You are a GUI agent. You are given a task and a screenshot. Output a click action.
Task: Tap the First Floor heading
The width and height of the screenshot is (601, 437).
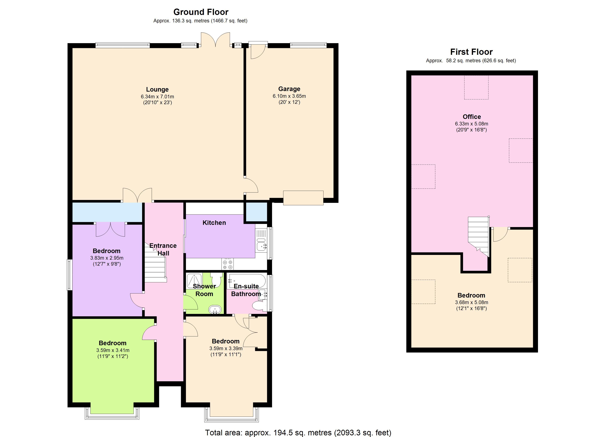[471, 52]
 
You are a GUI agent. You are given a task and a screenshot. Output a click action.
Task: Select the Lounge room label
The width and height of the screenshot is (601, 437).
[157, 89]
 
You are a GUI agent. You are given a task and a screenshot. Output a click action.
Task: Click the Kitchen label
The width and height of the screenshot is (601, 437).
[214, 223]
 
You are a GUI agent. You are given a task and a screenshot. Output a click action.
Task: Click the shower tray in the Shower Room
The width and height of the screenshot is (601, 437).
[194, 280]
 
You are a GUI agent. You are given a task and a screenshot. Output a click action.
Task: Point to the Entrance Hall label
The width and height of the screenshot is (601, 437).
[163, 249]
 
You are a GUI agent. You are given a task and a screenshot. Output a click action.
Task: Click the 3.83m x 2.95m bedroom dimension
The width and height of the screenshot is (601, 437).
[107, 258]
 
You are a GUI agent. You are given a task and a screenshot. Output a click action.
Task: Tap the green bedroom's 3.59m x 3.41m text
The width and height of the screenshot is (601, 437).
[113, 350]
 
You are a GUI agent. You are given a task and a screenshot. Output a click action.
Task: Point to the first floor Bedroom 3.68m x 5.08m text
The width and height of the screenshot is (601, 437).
[471, 302]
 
